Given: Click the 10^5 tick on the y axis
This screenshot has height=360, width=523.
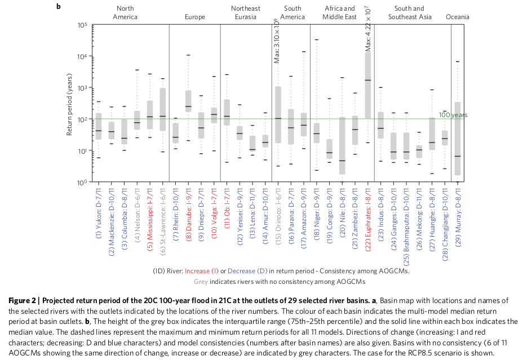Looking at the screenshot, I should (82, 25).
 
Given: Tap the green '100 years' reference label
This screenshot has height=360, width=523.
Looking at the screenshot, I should (453, 115).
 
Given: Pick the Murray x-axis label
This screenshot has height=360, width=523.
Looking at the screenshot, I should (458, 211).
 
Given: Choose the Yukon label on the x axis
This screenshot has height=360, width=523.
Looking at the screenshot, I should (99, 211).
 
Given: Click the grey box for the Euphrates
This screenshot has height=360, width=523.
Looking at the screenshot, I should (368, 85).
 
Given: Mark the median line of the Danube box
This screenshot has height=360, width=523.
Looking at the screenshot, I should (188, 106).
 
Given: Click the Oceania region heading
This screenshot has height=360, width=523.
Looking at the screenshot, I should (457, 17).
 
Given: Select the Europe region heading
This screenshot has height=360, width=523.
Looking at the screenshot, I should (195, 17).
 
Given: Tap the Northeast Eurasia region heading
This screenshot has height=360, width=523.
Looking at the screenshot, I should (246, 12).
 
